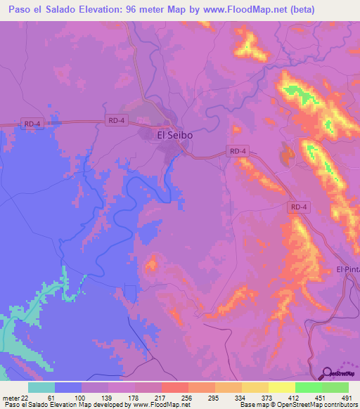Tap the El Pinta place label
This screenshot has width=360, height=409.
348,269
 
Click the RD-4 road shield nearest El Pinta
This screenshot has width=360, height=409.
299,207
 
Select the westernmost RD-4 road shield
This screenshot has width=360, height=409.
31,124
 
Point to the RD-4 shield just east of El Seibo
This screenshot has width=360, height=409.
238,150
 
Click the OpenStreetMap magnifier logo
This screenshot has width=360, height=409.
326,372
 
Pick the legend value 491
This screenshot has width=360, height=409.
347,397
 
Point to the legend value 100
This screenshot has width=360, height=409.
79,397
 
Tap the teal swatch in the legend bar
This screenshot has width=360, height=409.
41,387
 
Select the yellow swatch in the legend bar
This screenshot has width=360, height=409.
281,387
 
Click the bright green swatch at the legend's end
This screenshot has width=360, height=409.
335,387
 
